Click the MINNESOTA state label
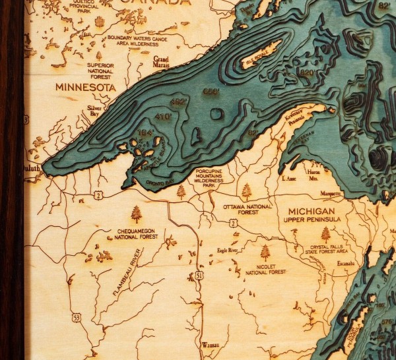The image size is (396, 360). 85,87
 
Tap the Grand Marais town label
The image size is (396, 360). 161,62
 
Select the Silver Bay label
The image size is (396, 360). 97,111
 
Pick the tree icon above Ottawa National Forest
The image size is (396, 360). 246,193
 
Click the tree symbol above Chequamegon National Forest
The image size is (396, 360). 137,214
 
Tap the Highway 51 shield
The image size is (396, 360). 197,276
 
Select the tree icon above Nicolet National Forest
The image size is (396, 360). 265,253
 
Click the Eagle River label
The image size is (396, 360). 225,251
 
